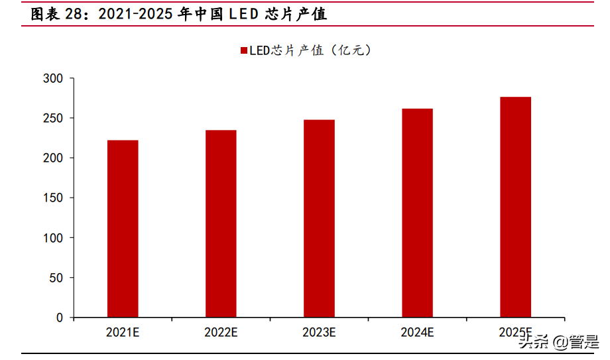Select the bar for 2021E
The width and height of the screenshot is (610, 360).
[123, 229]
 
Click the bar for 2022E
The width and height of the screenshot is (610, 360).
[221, 223]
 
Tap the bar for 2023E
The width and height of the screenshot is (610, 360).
[319, 219]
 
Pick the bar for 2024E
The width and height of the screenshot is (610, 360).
[417, 213]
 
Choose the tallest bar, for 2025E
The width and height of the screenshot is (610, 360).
[515, 207]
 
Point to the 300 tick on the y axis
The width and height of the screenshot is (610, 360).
[53, 79]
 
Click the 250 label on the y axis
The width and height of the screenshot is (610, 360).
[53, 119]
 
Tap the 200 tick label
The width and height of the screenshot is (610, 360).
[53, 158]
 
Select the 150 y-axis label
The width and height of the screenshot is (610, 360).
[53, 198]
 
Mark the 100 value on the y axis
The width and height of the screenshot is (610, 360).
[53, 238]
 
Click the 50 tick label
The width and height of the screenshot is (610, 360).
[56, 278]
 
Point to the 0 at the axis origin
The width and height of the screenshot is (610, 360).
[60, 318]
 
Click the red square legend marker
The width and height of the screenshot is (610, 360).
[243, 51]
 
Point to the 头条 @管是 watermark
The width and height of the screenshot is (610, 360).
[560, 342]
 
